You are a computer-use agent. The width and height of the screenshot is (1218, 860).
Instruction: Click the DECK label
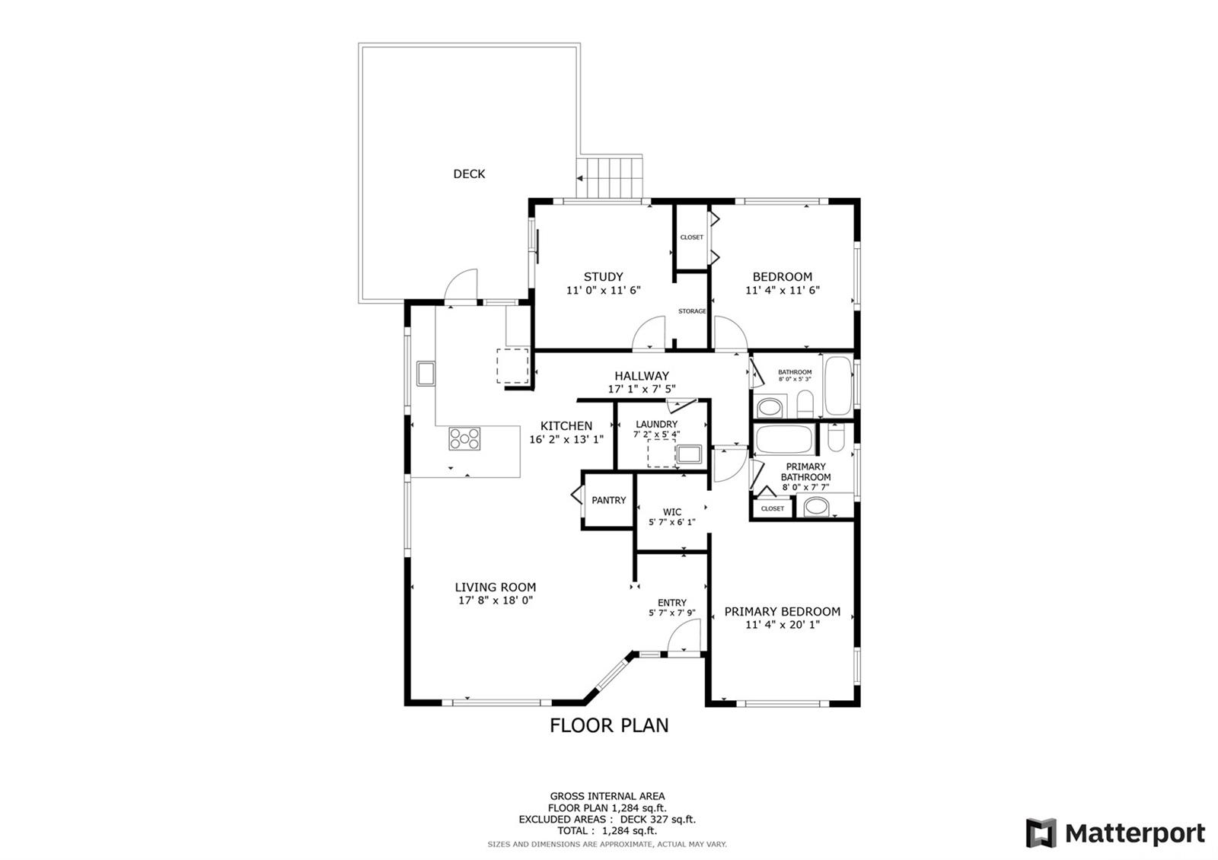[x=469, y=174]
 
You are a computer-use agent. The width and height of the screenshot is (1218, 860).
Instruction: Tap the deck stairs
[x=610, y=178]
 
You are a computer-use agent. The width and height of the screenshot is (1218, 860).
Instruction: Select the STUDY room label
[x=603, y=277]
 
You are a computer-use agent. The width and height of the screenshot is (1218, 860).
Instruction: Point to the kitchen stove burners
[x=464, y=438]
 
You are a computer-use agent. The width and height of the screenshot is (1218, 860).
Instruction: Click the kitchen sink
[x=426, y=374]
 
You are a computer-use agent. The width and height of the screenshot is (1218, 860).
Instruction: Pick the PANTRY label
[x=608, y=500]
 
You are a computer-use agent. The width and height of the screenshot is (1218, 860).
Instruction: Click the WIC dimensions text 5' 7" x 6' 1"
[x=671, y=522]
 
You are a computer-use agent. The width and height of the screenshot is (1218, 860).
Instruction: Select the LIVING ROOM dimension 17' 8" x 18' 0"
[x=496, y=600]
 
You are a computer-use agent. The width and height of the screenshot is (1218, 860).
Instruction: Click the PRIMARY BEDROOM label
[x=782, y=612]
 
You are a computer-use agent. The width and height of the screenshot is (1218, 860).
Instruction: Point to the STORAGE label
[x=692, y=311]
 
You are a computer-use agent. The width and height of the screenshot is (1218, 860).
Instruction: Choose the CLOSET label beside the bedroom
[x=692, y=237]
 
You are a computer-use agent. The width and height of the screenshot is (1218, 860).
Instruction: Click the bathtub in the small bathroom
[x=837, y=385]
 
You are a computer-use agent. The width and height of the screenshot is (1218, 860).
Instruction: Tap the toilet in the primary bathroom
[x=835, y=437]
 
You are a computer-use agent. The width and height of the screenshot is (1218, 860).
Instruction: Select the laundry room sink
[x=689, y=454]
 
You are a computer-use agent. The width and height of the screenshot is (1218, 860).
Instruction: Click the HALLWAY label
[x=642, y=376]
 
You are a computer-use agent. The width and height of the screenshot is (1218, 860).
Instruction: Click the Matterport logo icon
[x=1041, y=833]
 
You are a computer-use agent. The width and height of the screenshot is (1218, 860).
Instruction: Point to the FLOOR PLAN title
[x=609, y=726]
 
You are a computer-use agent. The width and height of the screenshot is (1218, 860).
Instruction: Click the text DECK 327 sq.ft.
[x=658, y=819]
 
